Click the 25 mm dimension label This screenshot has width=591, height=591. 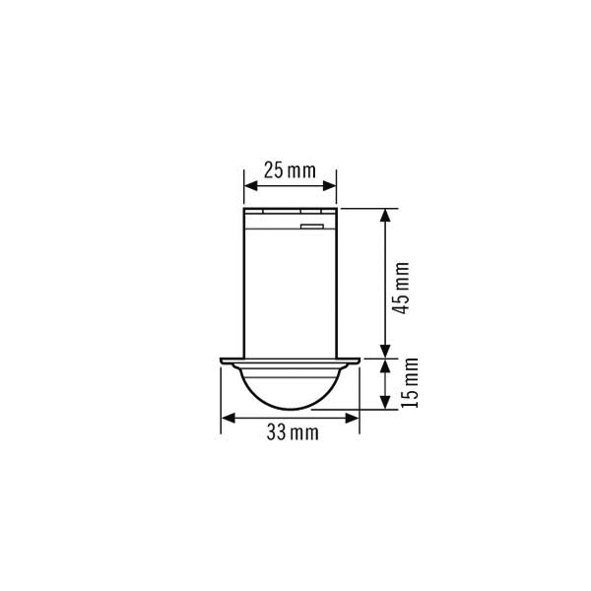[x=290, y=170]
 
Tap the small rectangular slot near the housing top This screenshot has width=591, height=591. [x=312, y=227]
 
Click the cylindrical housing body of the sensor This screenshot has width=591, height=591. [x=290, y=291]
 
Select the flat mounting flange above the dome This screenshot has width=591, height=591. [x=290, y=360]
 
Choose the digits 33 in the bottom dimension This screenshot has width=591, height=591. [x=275, y=433]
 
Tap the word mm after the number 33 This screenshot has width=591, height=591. [x=304, y=433]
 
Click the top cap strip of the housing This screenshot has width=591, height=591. [x=290, y=211]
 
